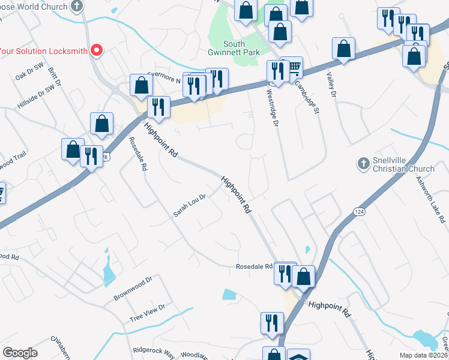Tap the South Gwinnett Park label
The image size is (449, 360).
pyautogui.click(x=242, y=49)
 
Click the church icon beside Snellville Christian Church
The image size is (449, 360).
pyautogui.click(x=363, y=163)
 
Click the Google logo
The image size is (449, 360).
pyautogui.click(x=20, y=353)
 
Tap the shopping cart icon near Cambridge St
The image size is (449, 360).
pyautogui.click(x=294, y=68)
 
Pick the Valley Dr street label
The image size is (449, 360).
pyautogui.click(x=331, y=85)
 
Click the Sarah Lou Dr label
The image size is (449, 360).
pyautogui.click(x=190, y=204)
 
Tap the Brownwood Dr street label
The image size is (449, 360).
pyautogui.click(x=133, y=289)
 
